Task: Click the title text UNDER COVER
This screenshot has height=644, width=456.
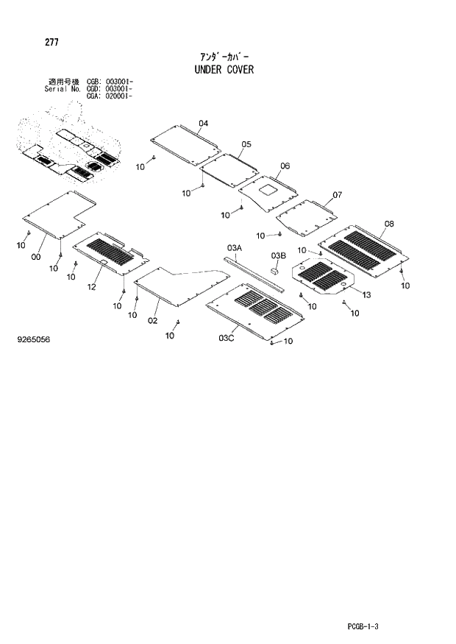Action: pos(224,70)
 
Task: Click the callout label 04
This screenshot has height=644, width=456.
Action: pos(204,123)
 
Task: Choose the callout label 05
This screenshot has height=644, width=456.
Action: pos(246,144)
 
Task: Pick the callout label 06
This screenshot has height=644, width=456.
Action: pos(285,166)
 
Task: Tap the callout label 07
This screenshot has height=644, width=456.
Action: pos(337,195)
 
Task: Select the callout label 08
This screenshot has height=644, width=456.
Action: pos(388,224)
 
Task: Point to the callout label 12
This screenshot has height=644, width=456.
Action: pos(92,287)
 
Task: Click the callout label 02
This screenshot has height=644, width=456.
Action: pos(153,320)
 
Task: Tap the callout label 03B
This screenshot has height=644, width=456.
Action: pos(277,255)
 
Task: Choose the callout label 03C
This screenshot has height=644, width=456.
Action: pos(226,338)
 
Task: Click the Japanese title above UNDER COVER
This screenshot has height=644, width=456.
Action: pos(224,56)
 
